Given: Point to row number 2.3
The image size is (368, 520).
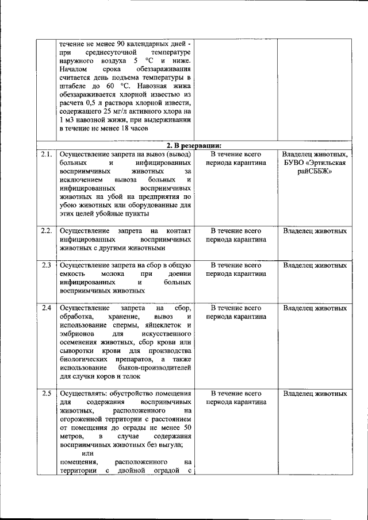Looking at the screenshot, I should [47, 265].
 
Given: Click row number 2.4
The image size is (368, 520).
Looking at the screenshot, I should [47, 308].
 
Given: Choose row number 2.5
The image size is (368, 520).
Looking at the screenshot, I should [47, 394].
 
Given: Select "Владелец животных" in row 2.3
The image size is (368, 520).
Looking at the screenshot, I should [315, 265].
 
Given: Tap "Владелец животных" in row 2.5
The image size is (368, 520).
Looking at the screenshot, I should [315, 394].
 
